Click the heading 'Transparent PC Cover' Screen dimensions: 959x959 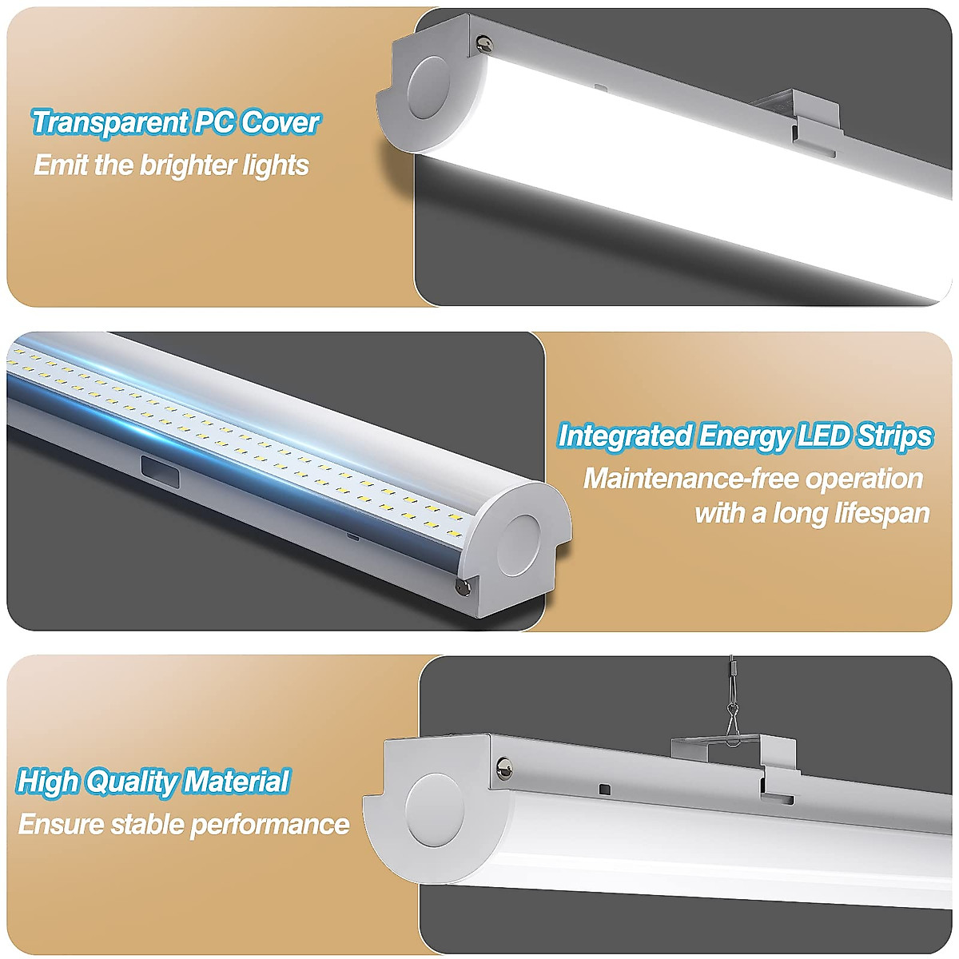176,123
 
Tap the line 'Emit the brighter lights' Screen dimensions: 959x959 171,165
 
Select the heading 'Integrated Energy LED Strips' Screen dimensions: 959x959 745,436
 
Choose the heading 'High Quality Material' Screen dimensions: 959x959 153,782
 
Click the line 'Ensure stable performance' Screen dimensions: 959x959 184,824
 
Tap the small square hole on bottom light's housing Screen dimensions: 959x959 604,790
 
